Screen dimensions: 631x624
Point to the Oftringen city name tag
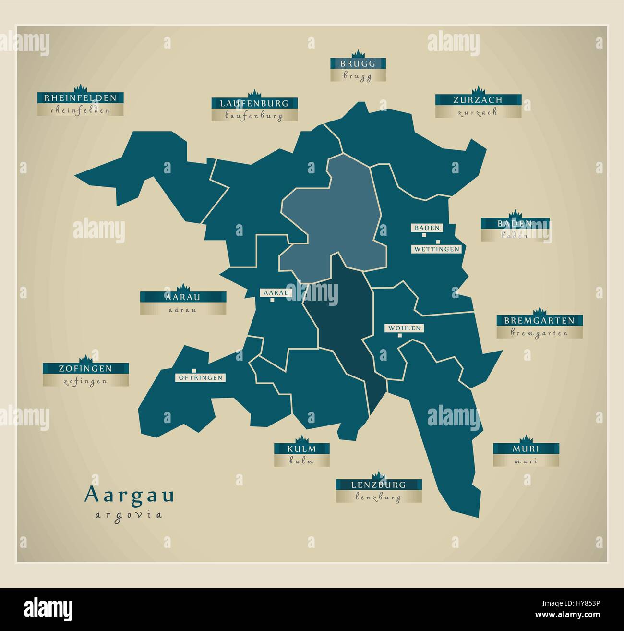click(x=200, y=378)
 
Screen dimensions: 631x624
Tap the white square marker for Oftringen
click(x=194, y=370)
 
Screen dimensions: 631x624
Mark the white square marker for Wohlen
click(x=399, y=335)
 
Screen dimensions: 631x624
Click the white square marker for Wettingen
click(x=438, y=242)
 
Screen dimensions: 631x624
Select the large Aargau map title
click(x=129, y=495)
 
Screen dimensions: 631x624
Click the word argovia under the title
click(x=129, y=515)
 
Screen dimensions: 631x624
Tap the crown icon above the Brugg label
click(x=358, y=53)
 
